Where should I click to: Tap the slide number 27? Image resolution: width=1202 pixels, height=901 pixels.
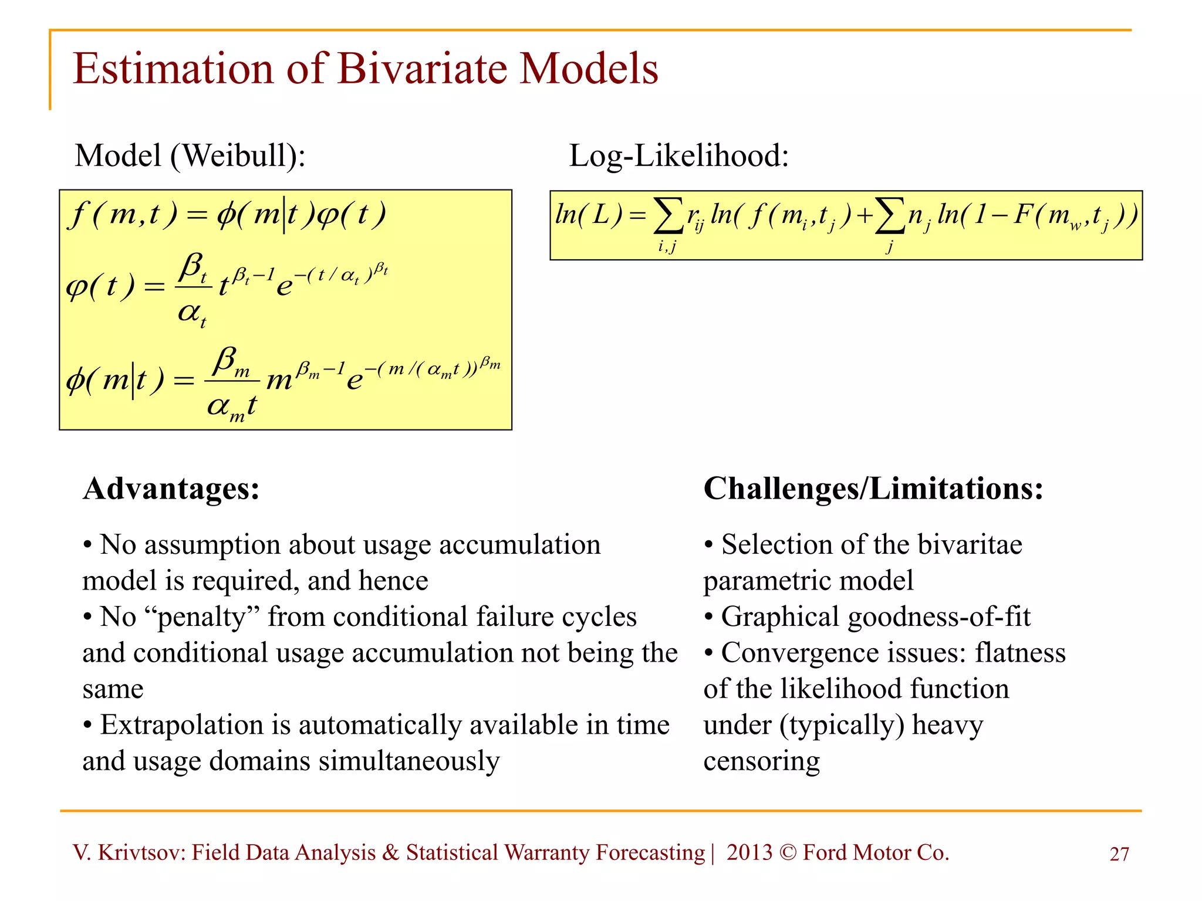pos(1119,854)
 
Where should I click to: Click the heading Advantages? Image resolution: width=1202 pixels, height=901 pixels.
pos(171,489)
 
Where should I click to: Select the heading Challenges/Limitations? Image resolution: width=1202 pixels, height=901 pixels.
pos(873,489)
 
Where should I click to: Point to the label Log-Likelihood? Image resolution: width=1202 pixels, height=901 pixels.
pos(678,156)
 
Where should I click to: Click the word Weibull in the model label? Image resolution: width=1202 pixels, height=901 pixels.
pos(238,156)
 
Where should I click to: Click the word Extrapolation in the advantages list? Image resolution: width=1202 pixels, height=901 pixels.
pos(181,725)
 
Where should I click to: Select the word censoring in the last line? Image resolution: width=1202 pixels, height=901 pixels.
pos(761,761)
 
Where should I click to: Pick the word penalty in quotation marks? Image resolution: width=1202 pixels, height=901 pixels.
pos(201,618)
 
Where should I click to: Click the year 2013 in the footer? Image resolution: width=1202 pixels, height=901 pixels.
pos(749,852)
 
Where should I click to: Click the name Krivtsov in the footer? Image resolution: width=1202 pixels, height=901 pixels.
pos(141,852)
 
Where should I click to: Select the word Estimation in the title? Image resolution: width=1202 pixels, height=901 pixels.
pos(173,69)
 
